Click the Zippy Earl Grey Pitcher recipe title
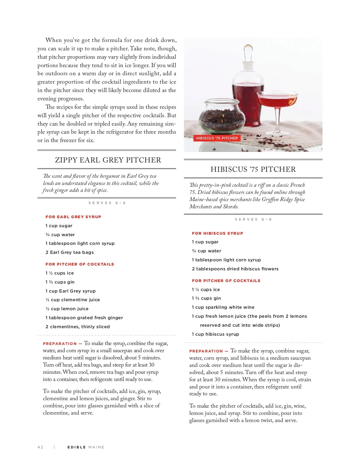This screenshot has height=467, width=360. [x=108, y=160]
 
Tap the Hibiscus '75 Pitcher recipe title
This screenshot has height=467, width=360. [x=253, y=169]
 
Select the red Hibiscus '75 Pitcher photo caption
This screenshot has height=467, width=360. [x=217, y=138]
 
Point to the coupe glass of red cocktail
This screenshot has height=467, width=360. [x=277, y=103]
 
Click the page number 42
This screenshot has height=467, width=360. [x=40, y=447]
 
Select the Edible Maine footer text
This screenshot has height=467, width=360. [x=86, y=447]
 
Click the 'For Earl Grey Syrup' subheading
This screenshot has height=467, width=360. [x=73, y=217]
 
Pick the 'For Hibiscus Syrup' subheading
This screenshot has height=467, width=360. [x=217, y=233]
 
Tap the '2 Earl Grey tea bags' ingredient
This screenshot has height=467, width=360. [x=70, y=252]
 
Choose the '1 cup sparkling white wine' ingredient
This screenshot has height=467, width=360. [x=223, y=307]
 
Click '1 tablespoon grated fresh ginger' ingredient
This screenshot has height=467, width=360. [x=84, y=318]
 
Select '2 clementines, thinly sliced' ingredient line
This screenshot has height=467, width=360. [x=78, y=327]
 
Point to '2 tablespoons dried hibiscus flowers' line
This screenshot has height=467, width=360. [x=235, y=269]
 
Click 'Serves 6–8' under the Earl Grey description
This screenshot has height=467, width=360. [x=107, y=203]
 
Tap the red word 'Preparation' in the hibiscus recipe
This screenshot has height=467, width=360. [x=206, y=351]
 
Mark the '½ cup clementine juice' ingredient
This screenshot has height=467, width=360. [x=73, y=300]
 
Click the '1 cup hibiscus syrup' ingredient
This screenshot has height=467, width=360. [x=215, y=334]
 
